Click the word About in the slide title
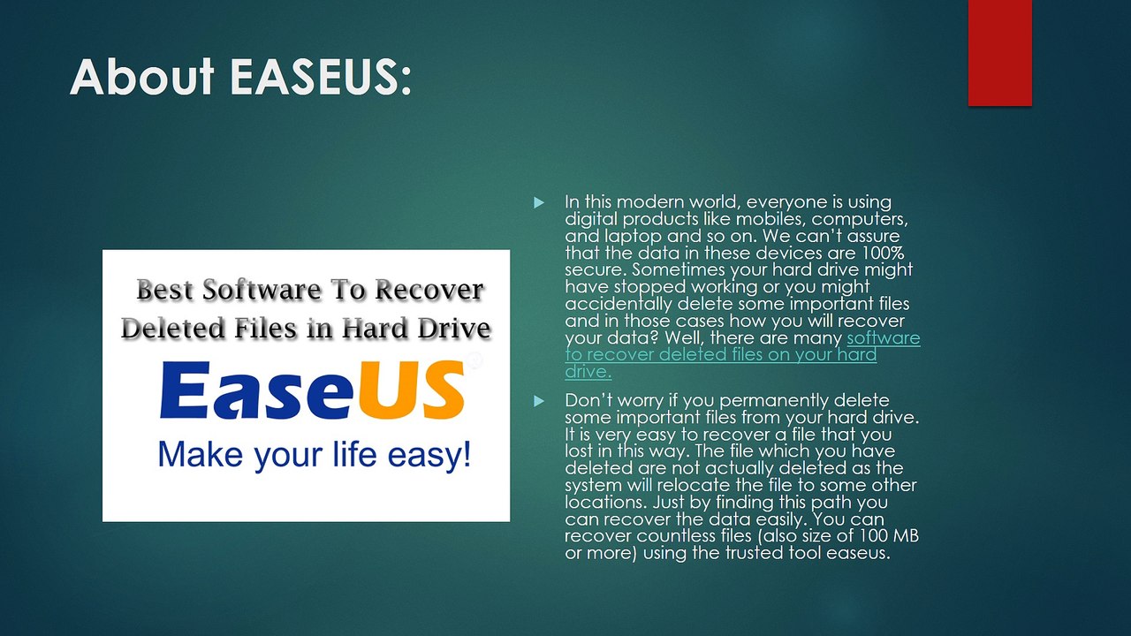142,76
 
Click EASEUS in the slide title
321,76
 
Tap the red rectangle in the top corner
999,52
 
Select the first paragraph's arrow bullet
539,203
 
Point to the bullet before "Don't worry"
539,401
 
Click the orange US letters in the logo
411,390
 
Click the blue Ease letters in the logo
256,390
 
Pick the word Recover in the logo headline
429,290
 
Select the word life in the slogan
354,454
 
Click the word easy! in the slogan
429,455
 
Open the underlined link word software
884,337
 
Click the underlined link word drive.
588,372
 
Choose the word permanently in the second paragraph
774,401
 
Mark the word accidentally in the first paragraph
619,305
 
